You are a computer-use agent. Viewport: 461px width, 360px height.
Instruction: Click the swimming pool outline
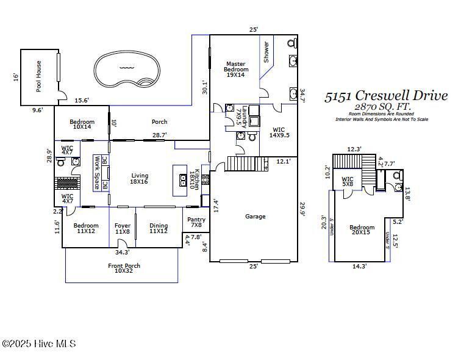pyautogui.click(x=127, y=69)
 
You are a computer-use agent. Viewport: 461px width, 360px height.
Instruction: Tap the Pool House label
pyautogui.click(x=39, y=76)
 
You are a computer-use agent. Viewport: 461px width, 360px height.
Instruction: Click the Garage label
pyautogui.click(x=255, y=217)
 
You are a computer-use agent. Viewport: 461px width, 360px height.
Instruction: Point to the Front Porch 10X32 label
pyautogui.click(x=124, y=268)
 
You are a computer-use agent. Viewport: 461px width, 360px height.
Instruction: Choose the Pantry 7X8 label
pyautogui.click(x=196, y=223)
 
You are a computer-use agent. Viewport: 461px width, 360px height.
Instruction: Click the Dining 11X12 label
pyautogui.click(x=159, y=229)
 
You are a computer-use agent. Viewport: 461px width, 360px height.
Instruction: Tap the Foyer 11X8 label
pyautogui.click(x=123, y=229)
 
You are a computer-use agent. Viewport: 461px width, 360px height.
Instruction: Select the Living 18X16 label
pyautogui.click(x=140, y=179)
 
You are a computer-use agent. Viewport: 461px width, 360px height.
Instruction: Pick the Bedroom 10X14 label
pyautogui.click(x=82, y=124)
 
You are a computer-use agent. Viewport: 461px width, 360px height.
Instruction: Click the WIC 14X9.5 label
pyautogui.click(x=279, y=132)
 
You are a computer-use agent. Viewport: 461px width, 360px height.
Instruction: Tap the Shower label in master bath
pyautogui.click(x=266, y=52)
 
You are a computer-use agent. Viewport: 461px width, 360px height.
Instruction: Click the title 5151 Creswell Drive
pyautogui.click(x=385, y=96)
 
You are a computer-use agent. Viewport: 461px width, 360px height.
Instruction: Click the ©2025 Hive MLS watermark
pyautogui.click(x=39, y=344)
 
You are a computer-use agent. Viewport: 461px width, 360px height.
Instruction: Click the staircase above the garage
pyautogui.click(x=248, y=164)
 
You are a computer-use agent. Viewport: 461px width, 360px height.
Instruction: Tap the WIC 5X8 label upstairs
pyautogui.click(x=348, y=182)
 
